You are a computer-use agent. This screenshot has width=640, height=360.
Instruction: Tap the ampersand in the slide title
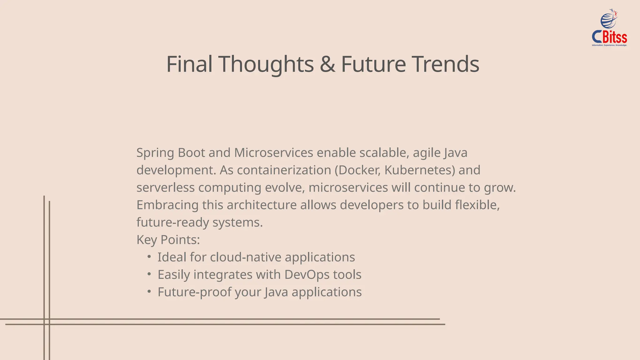pos(327,64)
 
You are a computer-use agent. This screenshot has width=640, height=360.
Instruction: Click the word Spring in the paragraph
pos(155,153)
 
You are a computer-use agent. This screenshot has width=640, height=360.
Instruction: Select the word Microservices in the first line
pos(273,153)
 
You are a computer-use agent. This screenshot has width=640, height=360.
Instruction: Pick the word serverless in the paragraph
pos(165,187)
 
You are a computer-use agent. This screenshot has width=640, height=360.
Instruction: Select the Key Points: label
pos(168,240)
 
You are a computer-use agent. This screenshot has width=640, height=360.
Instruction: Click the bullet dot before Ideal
pos(149,257)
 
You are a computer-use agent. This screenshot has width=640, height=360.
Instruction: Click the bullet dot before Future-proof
pos(149,292)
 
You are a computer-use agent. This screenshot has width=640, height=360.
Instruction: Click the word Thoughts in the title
pos(266,64)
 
